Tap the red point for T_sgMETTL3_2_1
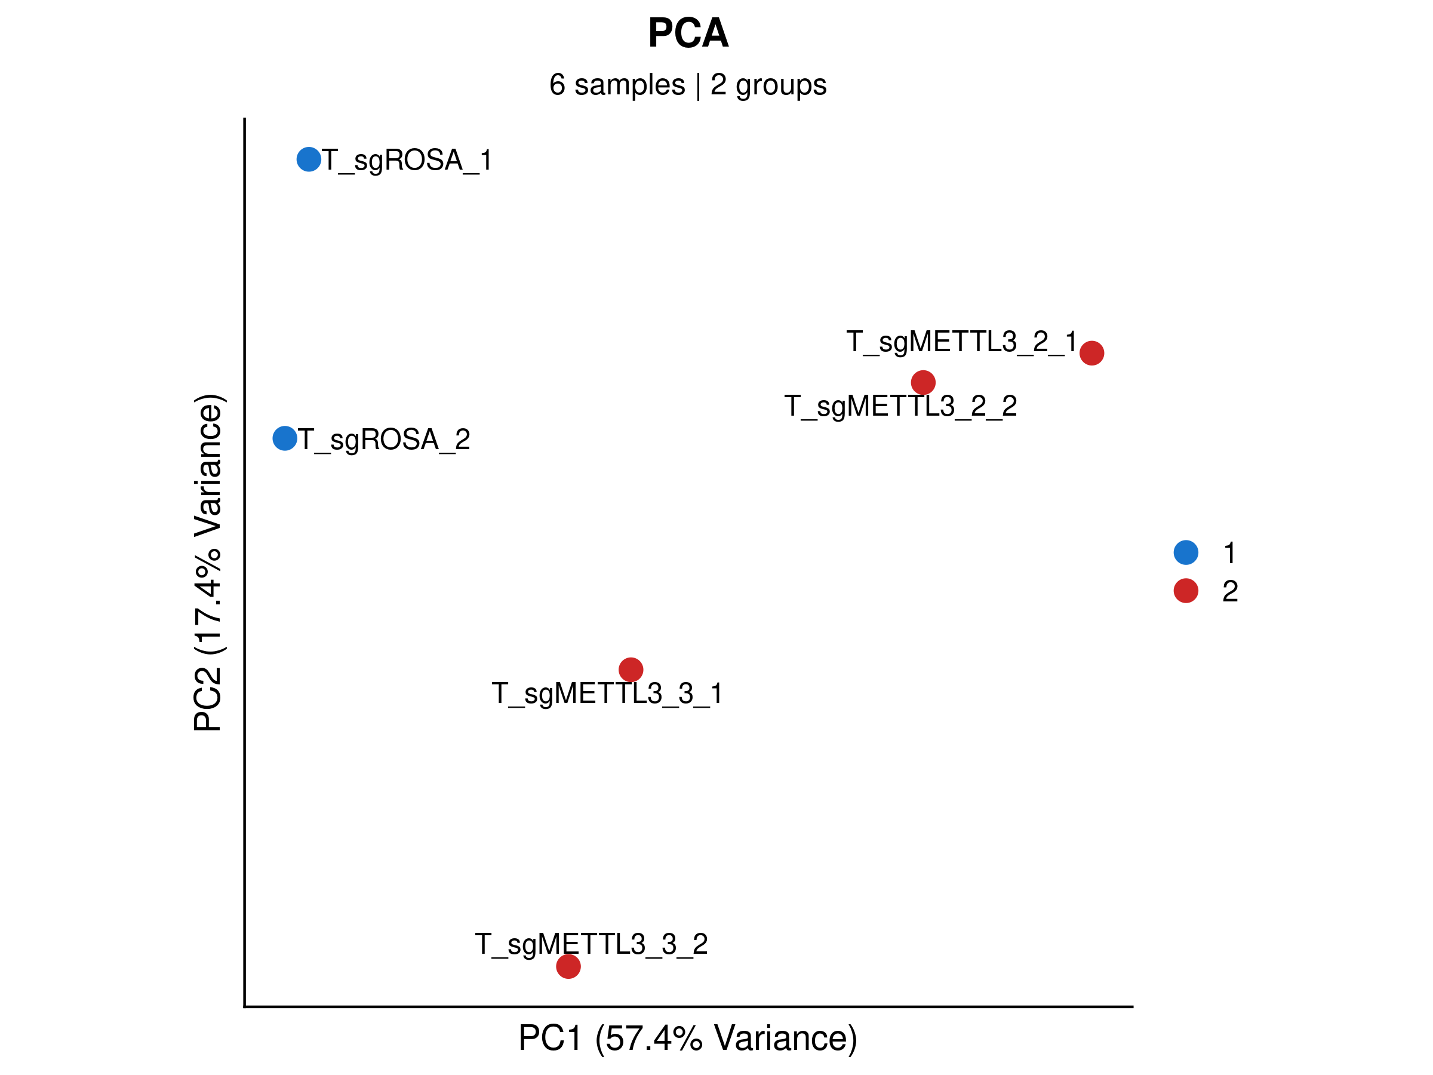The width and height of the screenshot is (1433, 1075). click(1091, 352)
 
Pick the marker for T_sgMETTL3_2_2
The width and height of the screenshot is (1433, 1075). click(922, 382)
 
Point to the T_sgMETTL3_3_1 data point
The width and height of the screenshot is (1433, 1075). click(631, 669)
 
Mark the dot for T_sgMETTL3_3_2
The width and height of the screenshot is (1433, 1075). click(568, 966)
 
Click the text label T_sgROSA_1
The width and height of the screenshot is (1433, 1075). click(407, 160)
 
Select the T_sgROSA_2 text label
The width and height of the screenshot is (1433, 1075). click(383, 440)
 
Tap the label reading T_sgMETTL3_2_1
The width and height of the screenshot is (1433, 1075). click(961, 342)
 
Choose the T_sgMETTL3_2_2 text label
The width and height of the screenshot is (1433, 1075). click(900, 406)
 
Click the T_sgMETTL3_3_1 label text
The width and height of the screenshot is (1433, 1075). click(607, 693)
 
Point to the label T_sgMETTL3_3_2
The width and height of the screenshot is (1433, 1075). click(591, 944)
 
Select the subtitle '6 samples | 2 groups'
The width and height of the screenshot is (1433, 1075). click(687, 84)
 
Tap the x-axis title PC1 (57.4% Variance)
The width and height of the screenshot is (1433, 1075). click(687, 1037)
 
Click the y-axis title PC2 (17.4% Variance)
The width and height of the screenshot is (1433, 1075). click(208, 562)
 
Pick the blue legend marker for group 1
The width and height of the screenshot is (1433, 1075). click(1186, 552)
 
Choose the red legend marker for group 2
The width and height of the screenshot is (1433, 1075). click(1186, 590)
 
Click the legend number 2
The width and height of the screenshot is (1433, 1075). click(1229, 591)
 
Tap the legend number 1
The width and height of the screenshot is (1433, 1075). click(1229, 552)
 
